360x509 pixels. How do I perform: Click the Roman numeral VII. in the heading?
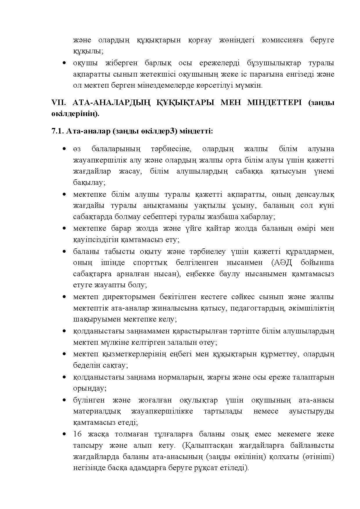click(x=57, y=103)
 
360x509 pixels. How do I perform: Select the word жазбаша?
click(x=225, y=217)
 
